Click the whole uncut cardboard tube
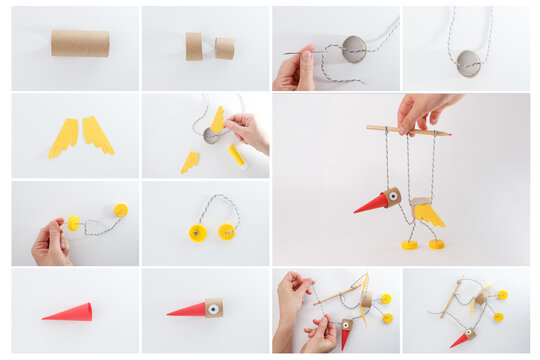pos(80,43)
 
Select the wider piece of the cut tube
pos(193,46)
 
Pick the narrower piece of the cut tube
pos(225,48)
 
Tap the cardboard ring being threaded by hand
pos(354,48)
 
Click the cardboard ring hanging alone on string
pos(467,63)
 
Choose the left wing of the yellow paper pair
pos(64,137)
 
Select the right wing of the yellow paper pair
pos(98,134)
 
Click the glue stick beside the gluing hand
pos(236,155)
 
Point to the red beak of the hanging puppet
pos(371,203)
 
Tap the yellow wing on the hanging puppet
pos(430,212)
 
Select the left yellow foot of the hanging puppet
pos(409,244)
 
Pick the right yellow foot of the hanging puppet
pos(436,243)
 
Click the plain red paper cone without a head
pos(68,313)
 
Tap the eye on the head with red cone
pos(213,309)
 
